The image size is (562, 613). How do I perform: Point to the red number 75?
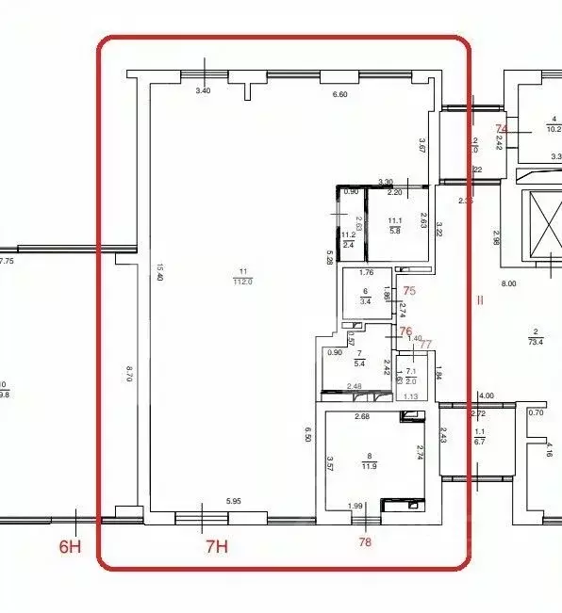tap(408, 292)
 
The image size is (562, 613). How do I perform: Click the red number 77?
tap(425, 345)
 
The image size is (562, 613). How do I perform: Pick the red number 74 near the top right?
tap(502, 129)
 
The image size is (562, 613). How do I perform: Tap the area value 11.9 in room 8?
tap(355, 465)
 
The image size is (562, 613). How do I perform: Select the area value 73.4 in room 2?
tap(535, 344)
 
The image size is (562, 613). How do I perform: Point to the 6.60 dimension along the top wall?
tap(340, 94)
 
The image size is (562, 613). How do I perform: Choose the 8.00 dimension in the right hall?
tap(508, 282)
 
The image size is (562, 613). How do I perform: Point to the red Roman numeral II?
tap(479, 301)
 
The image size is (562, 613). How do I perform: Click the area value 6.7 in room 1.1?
tap(479, 441)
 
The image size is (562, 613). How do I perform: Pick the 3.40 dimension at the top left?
tap(203, 91)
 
